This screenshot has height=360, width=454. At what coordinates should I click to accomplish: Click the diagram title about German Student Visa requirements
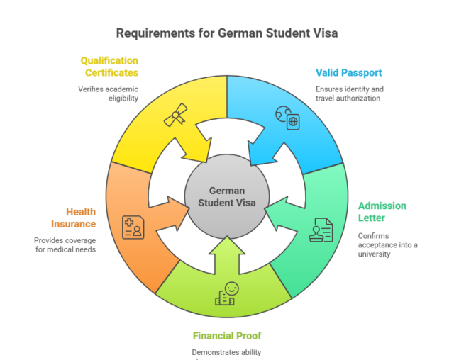pos(227,33)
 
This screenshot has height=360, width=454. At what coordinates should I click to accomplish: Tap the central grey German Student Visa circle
pos(227,196)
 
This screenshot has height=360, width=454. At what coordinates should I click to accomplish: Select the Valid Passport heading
pos(349,72)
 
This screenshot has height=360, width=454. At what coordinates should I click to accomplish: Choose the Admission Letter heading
pos(382,212)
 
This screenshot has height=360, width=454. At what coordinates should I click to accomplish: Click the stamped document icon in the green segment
pos(321,230)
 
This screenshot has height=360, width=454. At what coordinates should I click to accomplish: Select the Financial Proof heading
pos(227,335)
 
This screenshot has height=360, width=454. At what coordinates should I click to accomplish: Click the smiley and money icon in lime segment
pos(226,293)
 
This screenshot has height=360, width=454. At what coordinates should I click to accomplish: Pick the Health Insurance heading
pos(72,218)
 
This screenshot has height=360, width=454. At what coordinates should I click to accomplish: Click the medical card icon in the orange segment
pos(133,227)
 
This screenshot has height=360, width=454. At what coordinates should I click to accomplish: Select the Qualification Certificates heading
pos(109,66)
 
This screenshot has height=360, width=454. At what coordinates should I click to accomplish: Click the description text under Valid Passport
pos(349,94)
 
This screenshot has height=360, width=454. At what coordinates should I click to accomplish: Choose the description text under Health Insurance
pos(65,244)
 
